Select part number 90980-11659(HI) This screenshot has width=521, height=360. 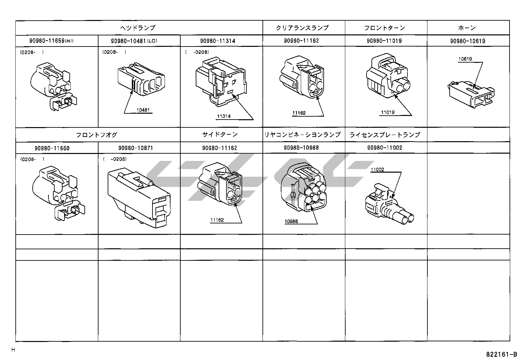click(52, 41)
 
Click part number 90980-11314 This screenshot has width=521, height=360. click(218, 41)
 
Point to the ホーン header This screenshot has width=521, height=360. click(467, 28)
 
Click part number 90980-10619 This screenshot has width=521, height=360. click(467, 41)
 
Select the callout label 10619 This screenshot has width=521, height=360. click(465, 59)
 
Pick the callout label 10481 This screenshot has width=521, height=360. click(143, 110)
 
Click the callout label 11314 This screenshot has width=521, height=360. click(224, 116)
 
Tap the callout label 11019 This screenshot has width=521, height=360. click(388, 112)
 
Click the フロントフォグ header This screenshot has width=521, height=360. click(97, 135)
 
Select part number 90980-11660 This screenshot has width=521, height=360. click(52, 148)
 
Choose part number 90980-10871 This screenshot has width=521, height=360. click(135, 148)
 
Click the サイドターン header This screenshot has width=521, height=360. click(220, 135)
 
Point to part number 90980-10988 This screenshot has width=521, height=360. click(301, 148)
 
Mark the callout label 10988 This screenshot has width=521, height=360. click(291, 221)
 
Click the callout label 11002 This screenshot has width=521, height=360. click(377, 170)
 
